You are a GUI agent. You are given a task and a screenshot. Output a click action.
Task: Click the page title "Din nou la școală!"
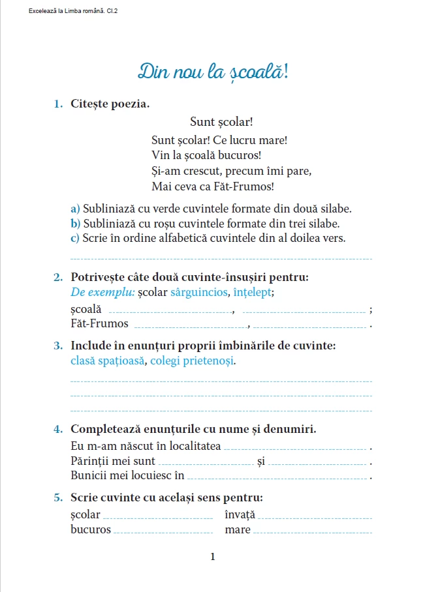[213, 71]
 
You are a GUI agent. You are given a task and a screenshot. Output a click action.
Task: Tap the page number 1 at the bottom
[212, 556]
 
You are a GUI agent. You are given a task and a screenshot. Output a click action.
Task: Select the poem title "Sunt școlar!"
[221, 121]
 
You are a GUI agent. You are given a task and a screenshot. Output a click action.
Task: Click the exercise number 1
[58, 103]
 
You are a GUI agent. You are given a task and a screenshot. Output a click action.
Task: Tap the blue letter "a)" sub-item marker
[75, 209]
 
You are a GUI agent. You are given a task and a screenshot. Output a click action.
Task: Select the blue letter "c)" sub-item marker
[75, 238]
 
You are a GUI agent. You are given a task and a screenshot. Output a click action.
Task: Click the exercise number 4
[58, 429]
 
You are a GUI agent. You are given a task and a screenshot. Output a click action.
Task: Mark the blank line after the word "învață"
[315, 517]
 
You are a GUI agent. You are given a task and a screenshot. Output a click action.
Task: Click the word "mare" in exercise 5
[238, 529]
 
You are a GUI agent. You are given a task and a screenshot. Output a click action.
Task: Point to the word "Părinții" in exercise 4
[89, 462]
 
